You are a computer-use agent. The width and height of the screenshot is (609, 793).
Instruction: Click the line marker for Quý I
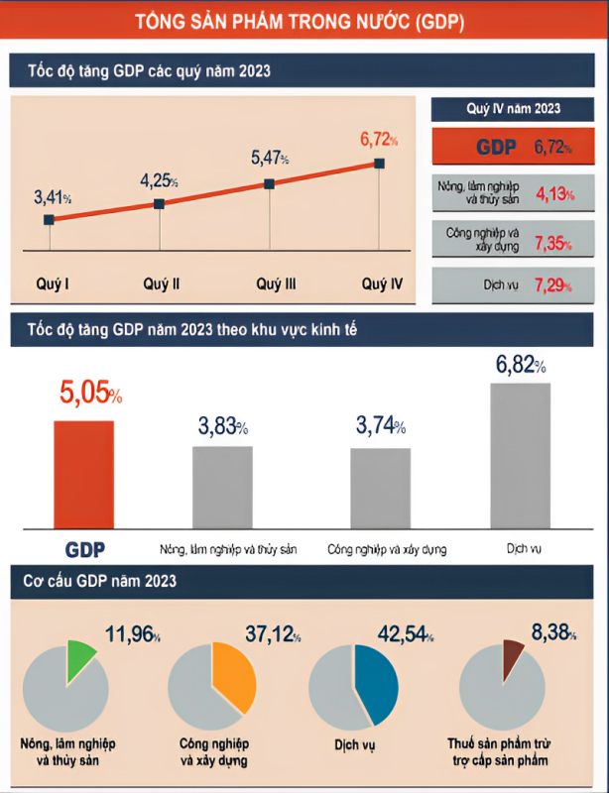pyautogui.click(x=49, y=219)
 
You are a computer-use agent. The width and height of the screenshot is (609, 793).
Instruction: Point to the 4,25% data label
pyautogui.click(x=159, y=181)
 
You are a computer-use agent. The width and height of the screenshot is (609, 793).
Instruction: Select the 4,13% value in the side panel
pyautogui.click(x=553, y=194)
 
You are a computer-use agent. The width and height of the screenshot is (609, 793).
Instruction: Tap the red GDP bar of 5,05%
pyautogui.click(x=83, y=477)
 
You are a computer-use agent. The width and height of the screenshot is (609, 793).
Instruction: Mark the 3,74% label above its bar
pyautogui.click(x=381, y=427)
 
